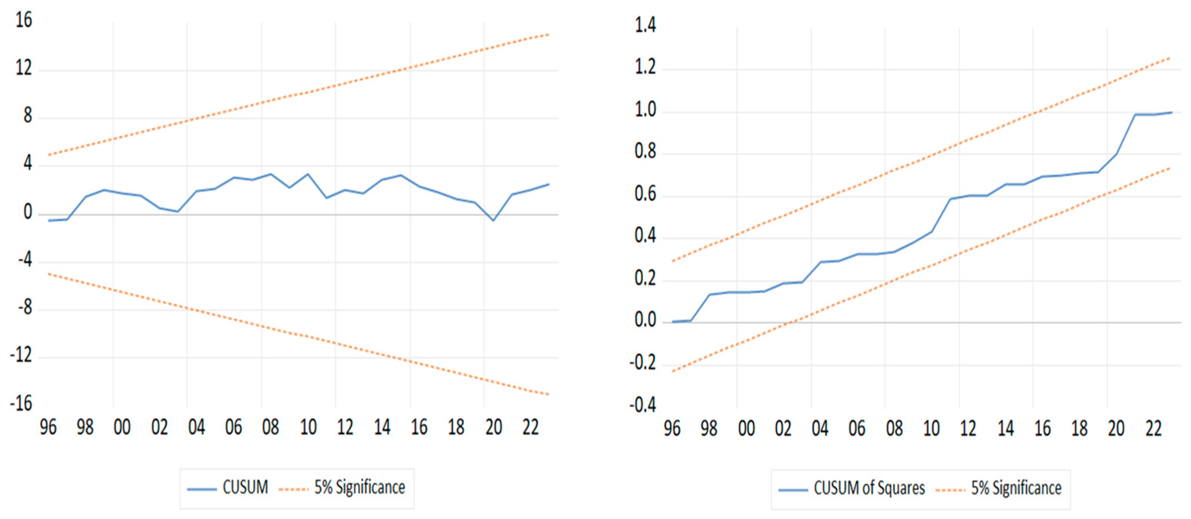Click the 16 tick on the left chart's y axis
[24, 21]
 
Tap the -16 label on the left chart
[21, 404]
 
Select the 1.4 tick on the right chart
[645, 25]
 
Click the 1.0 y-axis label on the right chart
[645, 110]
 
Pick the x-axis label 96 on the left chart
[48, 428]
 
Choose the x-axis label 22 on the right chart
[1153, 429]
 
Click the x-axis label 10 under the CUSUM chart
[308, 428]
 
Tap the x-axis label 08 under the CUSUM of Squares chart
[894, 429]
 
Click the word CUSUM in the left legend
[245, 487]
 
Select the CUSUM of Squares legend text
[869, 488]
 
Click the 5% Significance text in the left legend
[360, 487]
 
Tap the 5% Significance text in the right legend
[1016, 488]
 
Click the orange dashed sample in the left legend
[294, 489]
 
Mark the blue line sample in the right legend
[792, 490]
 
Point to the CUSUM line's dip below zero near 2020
[493, 220]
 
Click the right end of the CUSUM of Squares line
[1172, 112]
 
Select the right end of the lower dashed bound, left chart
[548, 394]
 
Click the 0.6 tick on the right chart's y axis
[645, 194]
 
